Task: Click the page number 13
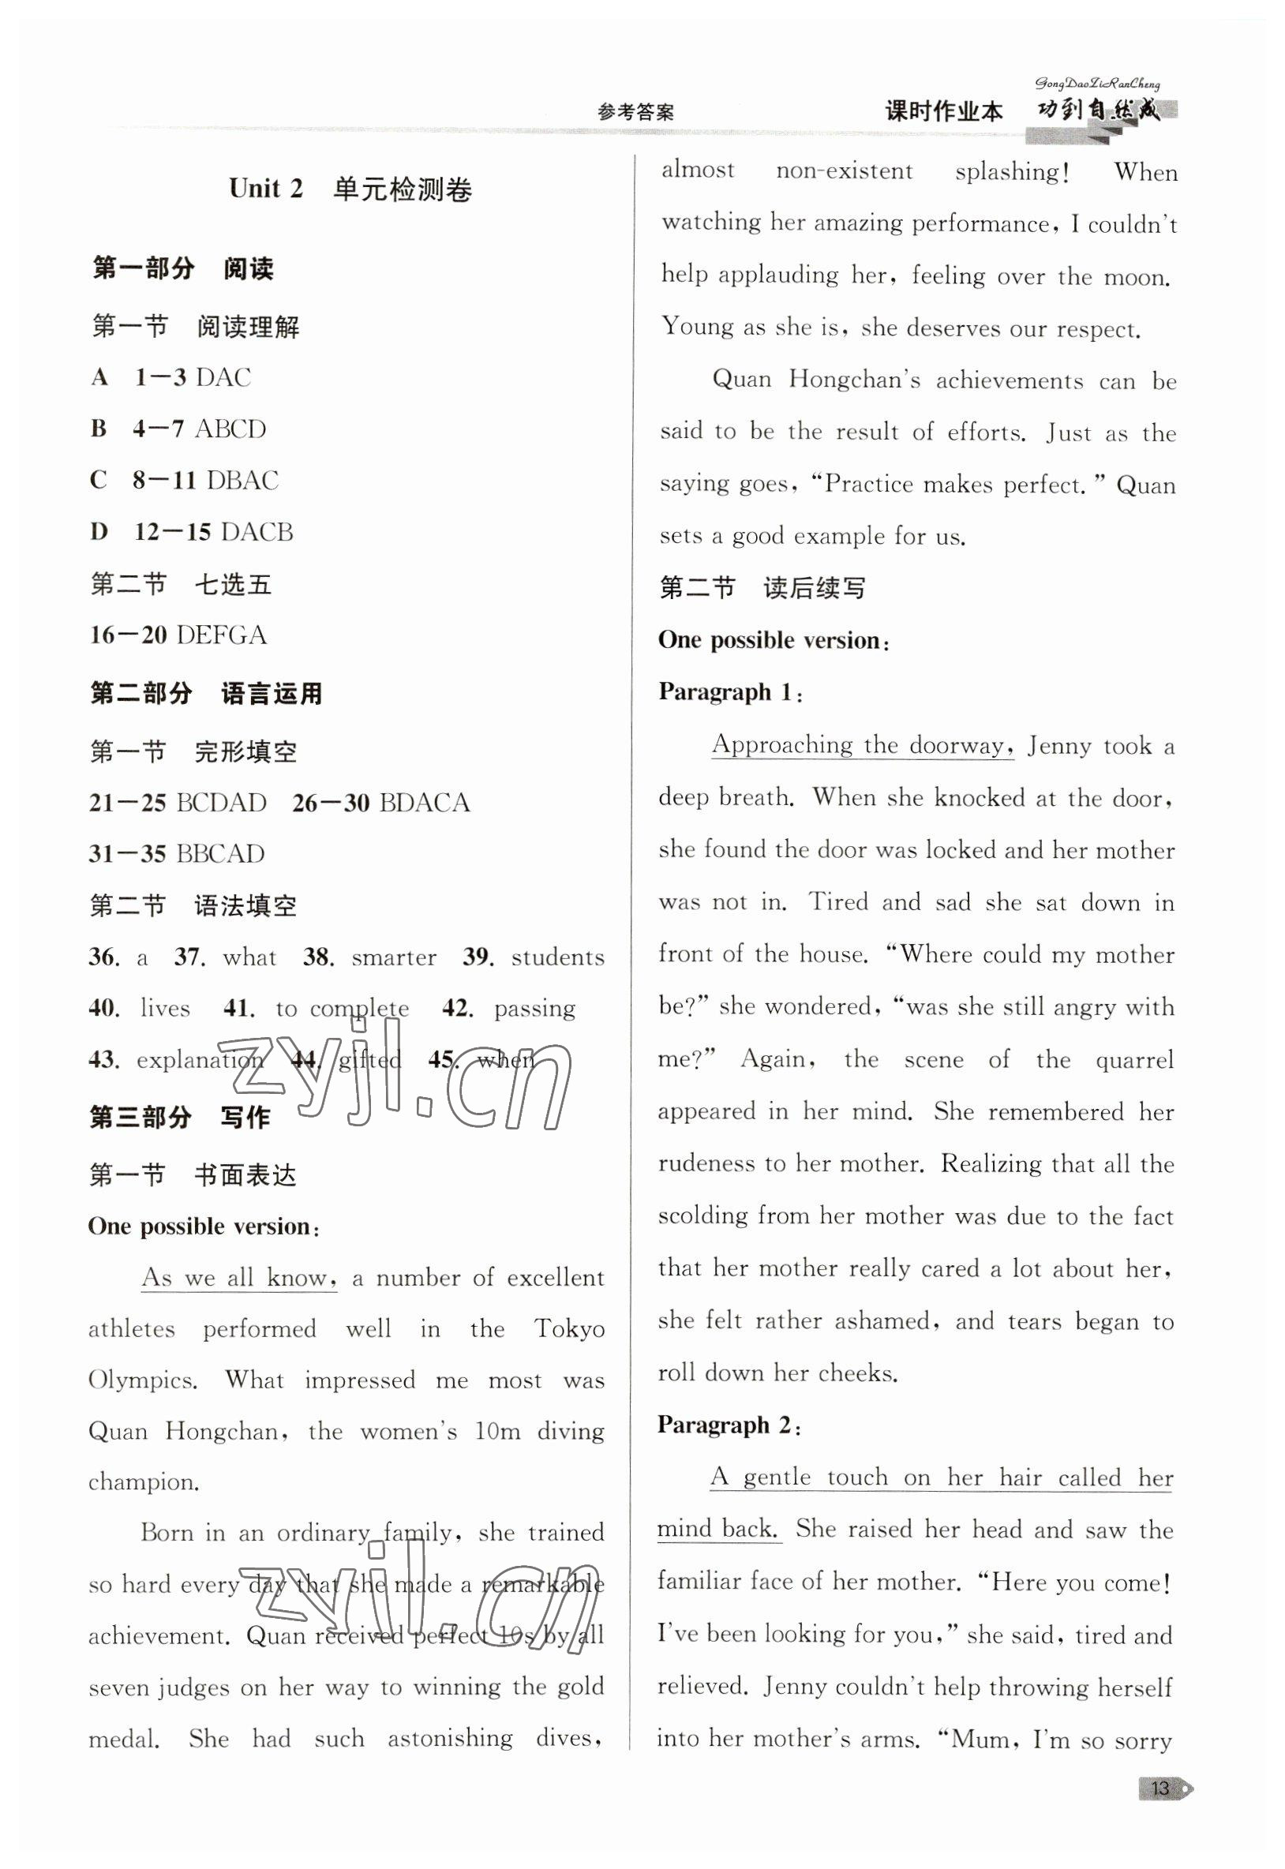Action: click(1160, 1789)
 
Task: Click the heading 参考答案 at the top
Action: click(635, 112)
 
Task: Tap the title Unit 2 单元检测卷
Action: click(350, 189)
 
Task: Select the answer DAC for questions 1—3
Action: click(223, 377)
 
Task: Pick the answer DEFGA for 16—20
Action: click(222, 635)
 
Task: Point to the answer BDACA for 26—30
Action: click(424, 803)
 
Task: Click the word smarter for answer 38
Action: click(394, 957)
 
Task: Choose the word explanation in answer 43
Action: click(200, 1060)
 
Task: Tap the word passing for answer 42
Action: click(534, 1009)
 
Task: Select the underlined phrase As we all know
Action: click(238, 1277)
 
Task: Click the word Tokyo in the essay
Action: click(569, 1329)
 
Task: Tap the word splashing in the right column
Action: click(1012, 172)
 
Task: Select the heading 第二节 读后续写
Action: click(762, 588)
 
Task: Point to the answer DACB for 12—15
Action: click(257, 532)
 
